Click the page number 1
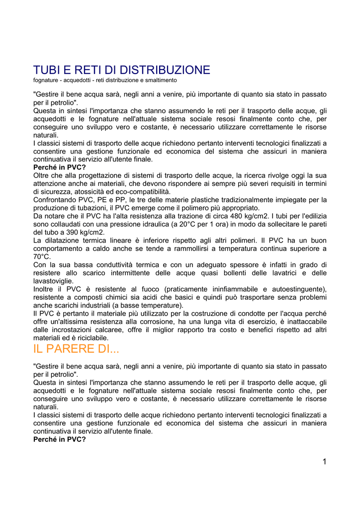[x=324, y=462]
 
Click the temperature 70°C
[x=42, y=256]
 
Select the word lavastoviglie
[x=53, y=281]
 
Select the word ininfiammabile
[x=230, y=289]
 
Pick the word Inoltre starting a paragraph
[x=45, y=289]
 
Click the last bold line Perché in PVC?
[x=60, y=439]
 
